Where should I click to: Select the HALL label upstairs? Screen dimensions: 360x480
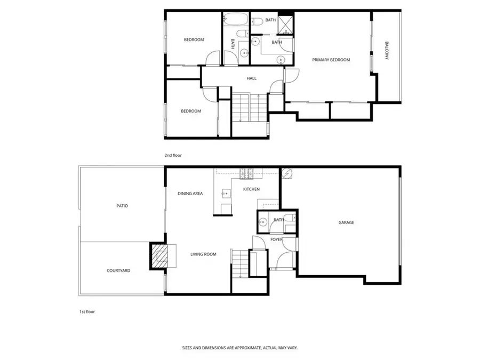(x=251, y=78)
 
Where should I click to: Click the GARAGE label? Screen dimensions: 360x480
(x=346, y=222)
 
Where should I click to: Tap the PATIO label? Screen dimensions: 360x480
(x=122, y=205)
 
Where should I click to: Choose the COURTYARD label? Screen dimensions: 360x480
(x=118, y=270)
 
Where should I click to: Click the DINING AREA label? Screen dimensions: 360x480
(x=190, y=194)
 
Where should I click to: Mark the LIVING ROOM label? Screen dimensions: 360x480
(x=203, y=254)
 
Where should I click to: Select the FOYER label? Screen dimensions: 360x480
(x=276, y=239)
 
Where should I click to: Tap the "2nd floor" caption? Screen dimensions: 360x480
(x=173, y=155)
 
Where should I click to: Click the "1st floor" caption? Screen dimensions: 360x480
(x=86, y=310)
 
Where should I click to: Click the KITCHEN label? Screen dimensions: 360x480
(x=251, y=189)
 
